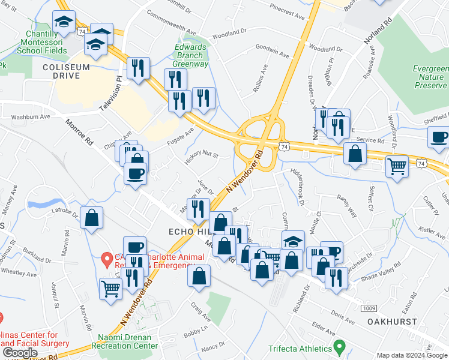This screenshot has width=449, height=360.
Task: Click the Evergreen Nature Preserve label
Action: tap(429, 77)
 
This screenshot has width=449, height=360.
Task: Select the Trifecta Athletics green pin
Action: tap(339, 347)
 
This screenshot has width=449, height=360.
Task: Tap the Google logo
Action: tap(20, 353)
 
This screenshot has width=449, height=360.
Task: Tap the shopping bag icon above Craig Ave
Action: tap(199, 276)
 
